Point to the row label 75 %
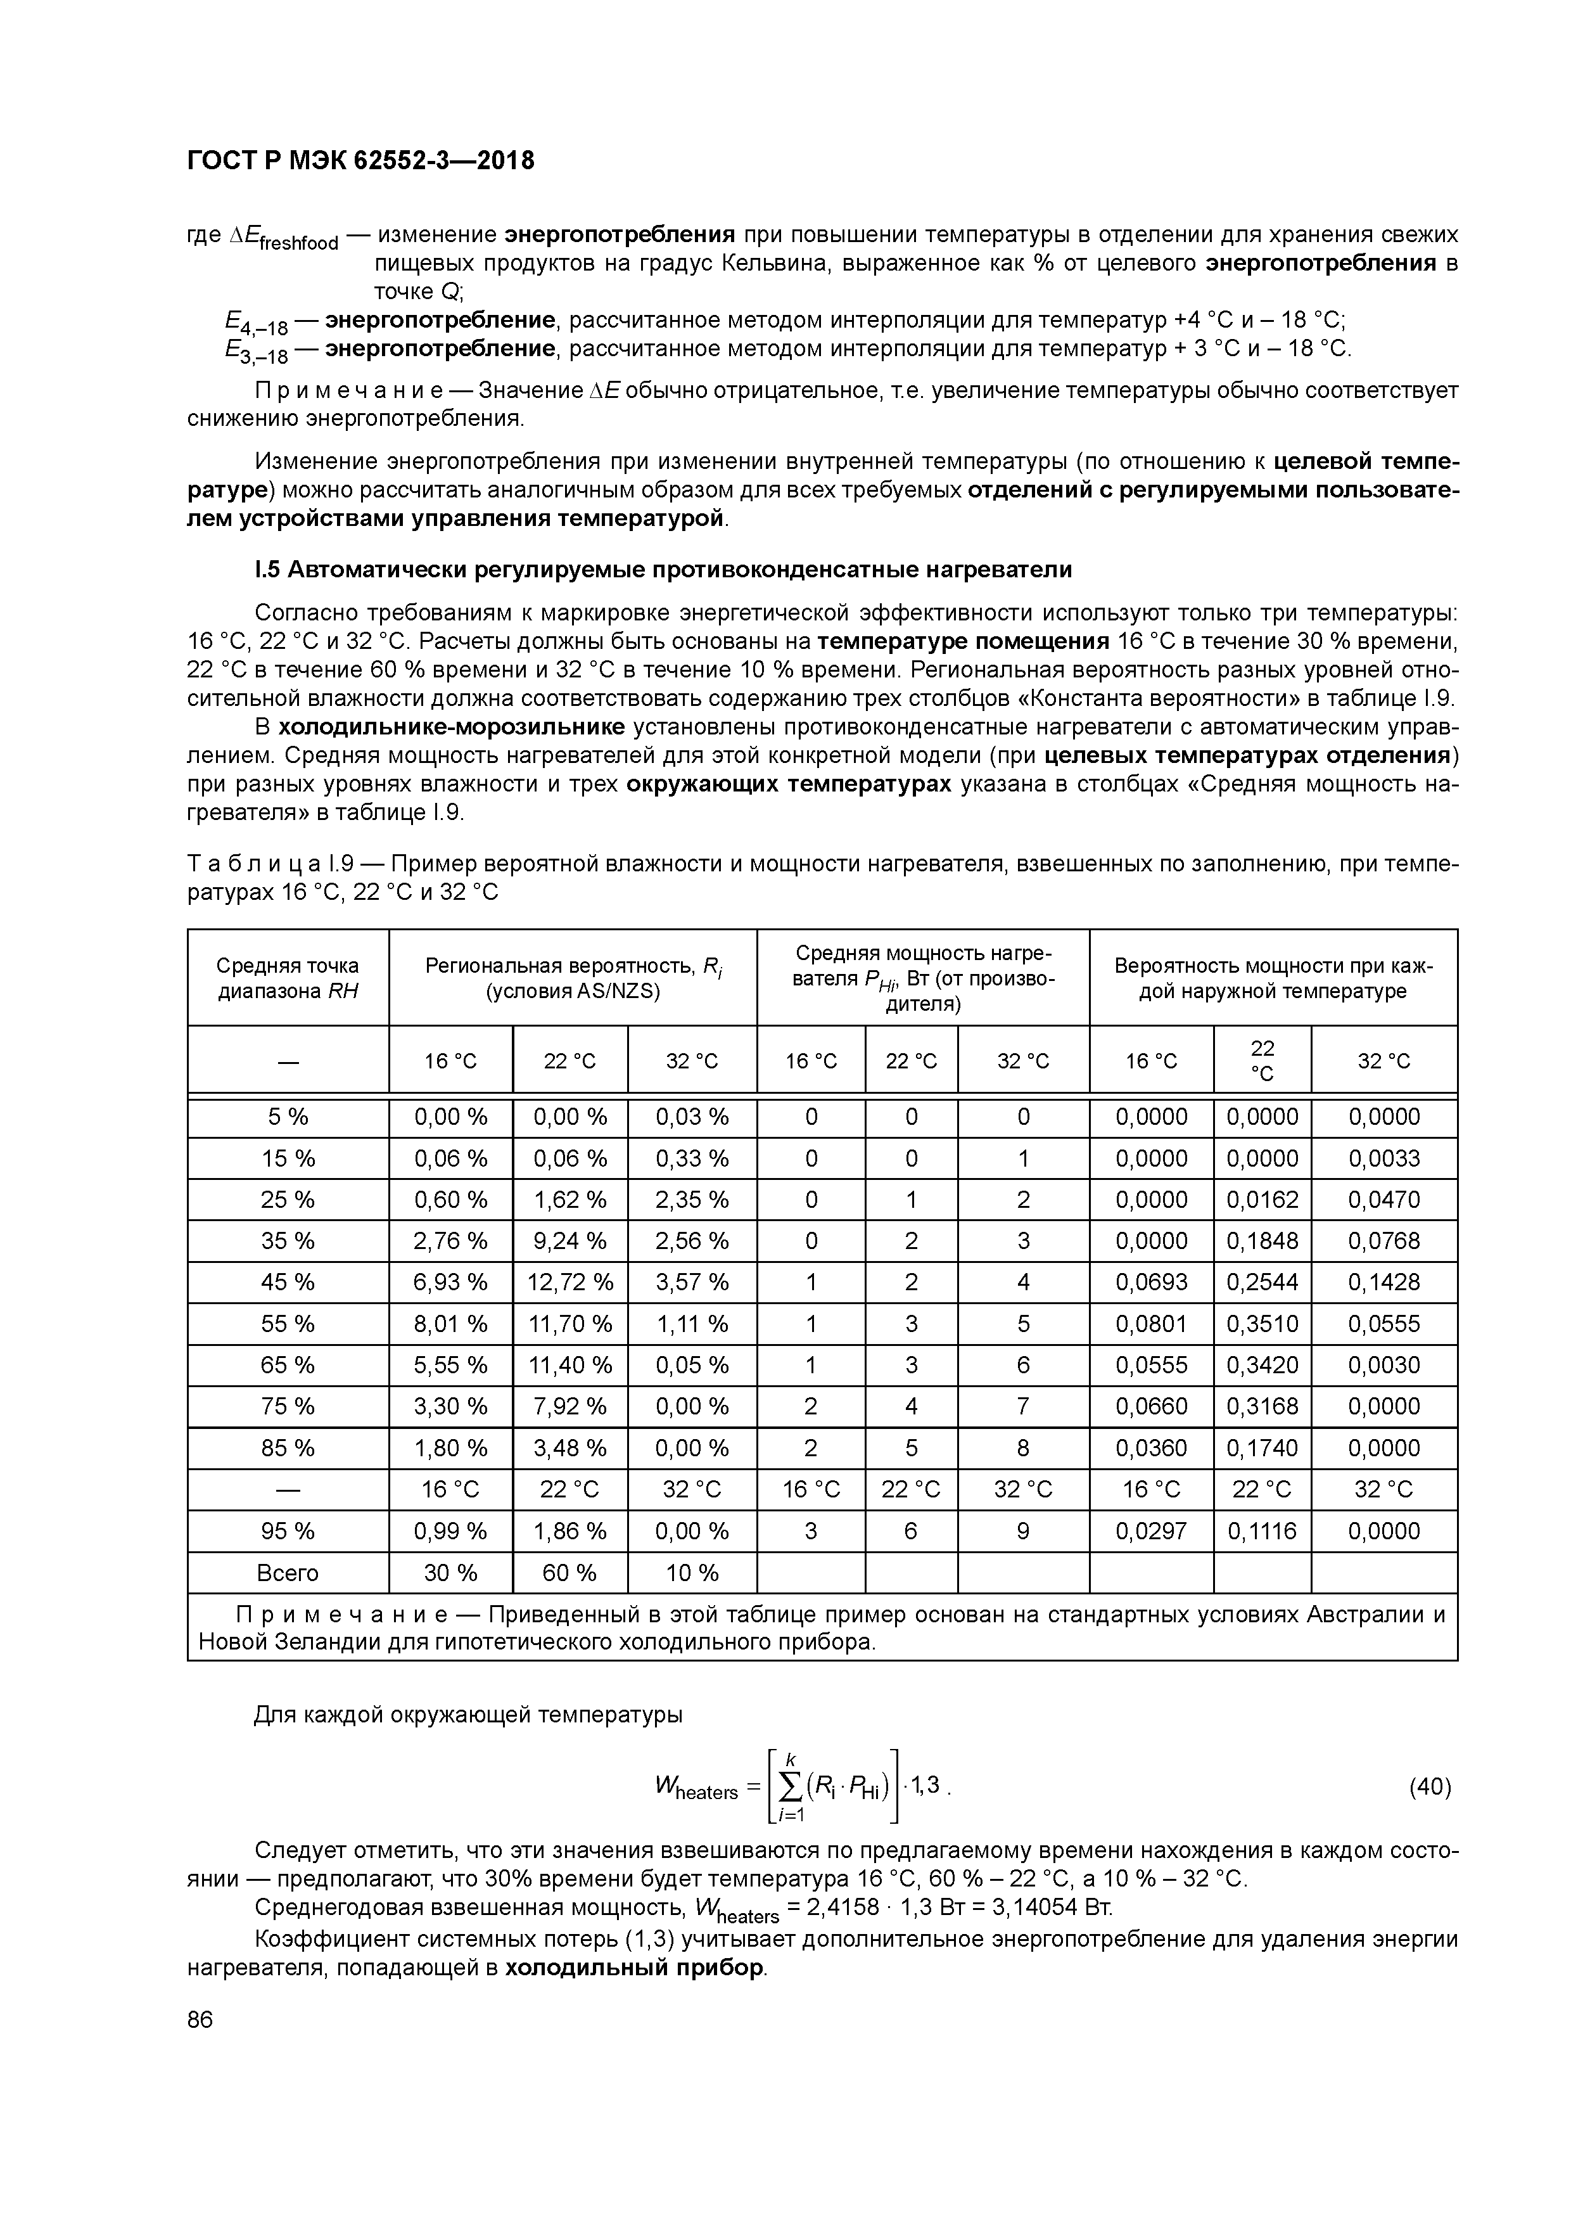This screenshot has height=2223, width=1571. pyautogui.click(x=288, y=1406)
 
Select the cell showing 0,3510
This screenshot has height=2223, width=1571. pyautogui.click(x=1261, y=1324)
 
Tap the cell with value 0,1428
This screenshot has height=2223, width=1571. pyautogui.click(x=1383, y=1282)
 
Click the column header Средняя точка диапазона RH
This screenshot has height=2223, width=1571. pyautogui.click(x=288, y=978)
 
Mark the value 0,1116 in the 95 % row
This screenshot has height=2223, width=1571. pyautogui.click(x=1261, y=1531)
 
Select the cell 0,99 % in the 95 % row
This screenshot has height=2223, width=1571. pyautogui.click(x=450, y=1531)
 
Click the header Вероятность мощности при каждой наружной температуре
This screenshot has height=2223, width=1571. pyautogui.click(x=1272, y=978)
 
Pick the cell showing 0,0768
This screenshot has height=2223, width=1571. pyautogui.click(x=1383, y=1240)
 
